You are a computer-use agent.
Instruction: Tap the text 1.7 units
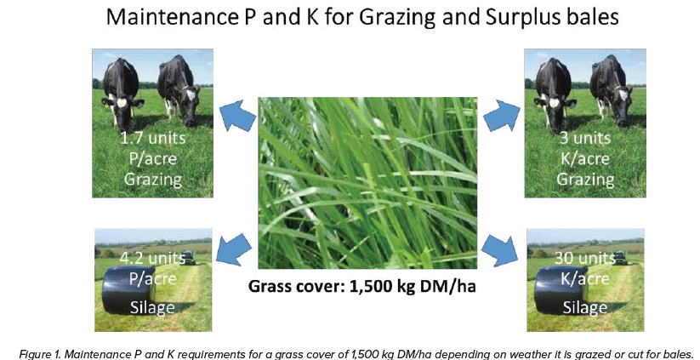click(x=153, y=138)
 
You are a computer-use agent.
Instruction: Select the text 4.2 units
click(x=152, y=259)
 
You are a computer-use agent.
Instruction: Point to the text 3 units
click(x=585, y=138)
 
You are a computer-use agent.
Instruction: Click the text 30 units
click(x=585, y=259)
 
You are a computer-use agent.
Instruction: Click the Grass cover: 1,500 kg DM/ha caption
click(x=362, y=286)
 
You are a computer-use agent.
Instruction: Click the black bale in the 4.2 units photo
click(x=128, y=289)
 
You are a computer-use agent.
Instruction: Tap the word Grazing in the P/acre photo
click(x=153, y=180)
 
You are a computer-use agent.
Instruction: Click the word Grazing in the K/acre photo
click(x=585, y=180)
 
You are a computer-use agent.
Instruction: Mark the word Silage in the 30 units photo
click(x=585, y=307)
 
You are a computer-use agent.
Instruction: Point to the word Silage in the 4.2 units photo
click(x=152, y=307)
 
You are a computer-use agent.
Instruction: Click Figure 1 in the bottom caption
click(x=37, y=354)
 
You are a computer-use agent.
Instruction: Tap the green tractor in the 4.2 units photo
click(x=190, y=256)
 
